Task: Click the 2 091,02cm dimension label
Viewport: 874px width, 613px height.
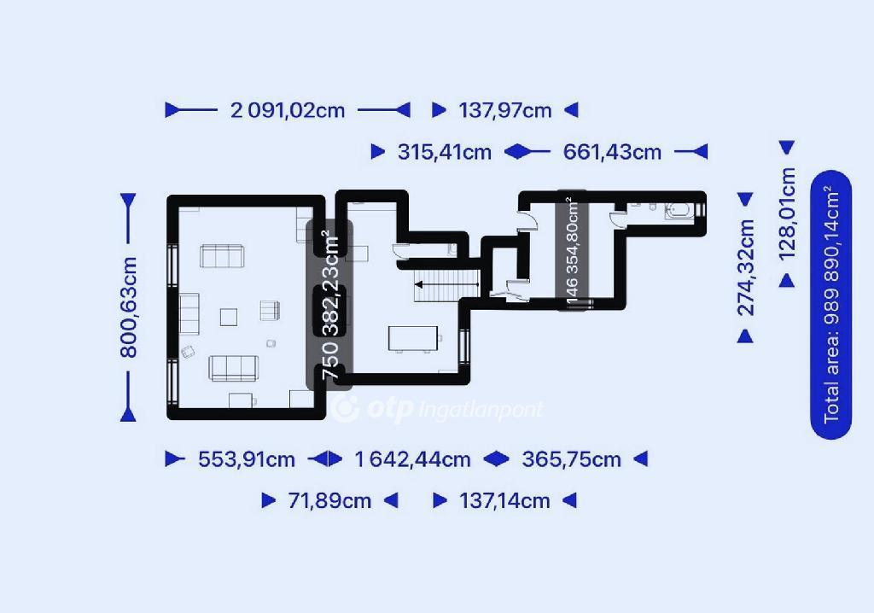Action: click(288, 110)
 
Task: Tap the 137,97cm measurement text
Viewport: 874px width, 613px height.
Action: click(505, 110)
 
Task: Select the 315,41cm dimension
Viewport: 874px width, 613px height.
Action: click(444, 152)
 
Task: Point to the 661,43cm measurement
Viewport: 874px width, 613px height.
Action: click(612, 152)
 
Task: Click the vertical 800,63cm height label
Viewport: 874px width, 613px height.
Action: click(129, 306)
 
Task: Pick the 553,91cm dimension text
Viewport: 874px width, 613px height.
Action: click(247, 459)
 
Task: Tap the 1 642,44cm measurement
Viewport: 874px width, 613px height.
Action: click(412, 459)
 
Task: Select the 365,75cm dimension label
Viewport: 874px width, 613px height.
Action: click(571, 459)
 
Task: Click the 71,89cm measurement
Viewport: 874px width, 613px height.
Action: click(329, 501)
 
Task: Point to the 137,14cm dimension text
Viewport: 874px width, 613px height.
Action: click(504, 501)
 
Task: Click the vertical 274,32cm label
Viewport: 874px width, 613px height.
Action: click(746, 268)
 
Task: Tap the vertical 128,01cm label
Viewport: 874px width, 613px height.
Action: click(787, 214)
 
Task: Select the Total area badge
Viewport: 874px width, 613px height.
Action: click(831, 305)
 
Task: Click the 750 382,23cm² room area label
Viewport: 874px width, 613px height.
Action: click(330, 305)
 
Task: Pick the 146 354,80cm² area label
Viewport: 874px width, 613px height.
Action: click(573, 250)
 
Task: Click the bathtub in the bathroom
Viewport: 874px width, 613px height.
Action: click(679, 212)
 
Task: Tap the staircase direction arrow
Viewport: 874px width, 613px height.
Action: click(446, 285)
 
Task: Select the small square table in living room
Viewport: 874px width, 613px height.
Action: click(229, 318)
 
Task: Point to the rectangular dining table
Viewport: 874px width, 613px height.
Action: click(413, 339)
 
